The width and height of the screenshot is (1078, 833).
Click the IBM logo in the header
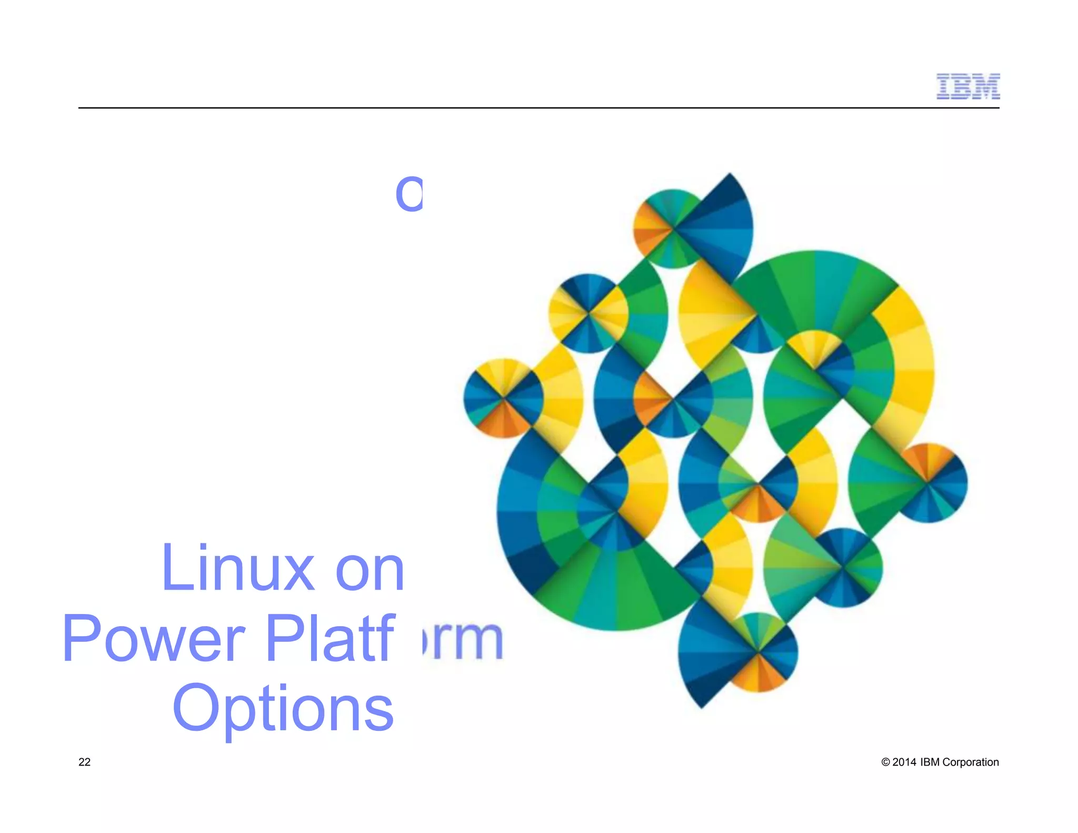[x=967, y=86]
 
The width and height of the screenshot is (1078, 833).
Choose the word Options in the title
[x=283, y=708]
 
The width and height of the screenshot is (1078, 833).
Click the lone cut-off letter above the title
[x=409, y=194]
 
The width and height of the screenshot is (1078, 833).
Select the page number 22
[x=84, y=762]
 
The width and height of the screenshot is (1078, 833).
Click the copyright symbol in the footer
[x=885, y=762]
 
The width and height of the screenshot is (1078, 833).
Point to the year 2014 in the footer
[x=904, y=762]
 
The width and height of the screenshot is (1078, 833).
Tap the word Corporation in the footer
[x=970, y=762]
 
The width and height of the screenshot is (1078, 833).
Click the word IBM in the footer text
[x=930, y=762]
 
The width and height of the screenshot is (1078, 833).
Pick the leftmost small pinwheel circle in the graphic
[x=503, y=398]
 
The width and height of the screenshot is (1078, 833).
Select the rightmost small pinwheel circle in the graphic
[x=927, y=483]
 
